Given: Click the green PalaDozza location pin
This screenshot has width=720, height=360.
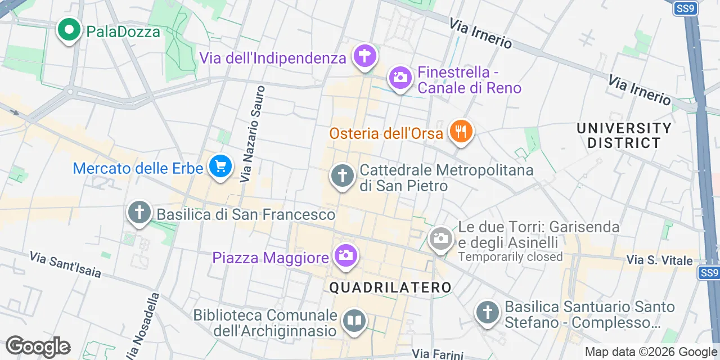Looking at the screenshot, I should coord(69,30).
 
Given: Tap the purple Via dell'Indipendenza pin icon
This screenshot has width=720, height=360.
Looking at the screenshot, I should coord(364,56).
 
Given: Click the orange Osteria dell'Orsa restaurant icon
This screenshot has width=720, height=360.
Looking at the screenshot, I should coord(461,132).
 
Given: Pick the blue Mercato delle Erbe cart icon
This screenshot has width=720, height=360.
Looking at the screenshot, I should coord(220,166).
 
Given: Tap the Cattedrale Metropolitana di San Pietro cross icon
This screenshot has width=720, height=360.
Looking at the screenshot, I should coord(342,176).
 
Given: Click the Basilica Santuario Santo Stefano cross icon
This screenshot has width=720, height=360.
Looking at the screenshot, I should coord(487,312).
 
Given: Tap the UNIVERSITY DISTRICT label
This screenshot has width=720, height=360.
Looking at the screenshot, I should coord(624,136).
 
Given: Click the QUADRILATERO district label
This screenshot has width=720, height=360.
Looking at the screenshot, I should coord(390,288).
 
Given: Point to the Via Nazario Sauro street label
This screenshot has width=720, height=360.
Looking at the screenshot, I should coord(252,134).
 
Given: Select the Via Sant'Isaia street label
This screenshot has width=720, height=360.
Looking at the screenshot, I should coord(65,265).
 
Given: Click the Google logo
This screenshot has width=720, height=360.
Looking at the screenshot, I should coord(38,346).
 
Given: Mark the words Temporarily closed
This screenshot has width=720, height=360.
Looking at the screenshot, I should coord(510,257).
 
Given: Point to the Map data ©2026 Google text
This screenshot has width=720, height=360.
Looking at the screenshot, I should coord(651,352).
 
